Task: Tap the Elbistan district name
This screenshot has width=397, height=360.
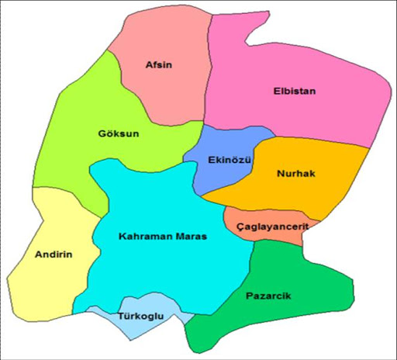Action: (295, 91)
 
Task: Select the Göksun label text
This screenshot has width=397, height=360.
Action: (119, 133)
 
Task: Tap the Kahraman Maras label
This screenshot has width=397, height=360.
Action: (163, 236)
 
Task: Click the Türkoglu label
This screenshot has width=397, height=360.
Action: (140, 317)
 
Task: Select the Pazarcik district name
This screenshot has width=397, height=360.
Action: (269, 296)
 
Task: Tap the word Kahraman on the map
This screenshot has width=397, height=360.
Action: (143, 236)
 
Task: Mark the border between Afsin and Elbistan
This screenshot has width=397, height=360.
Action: (210, 78)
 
